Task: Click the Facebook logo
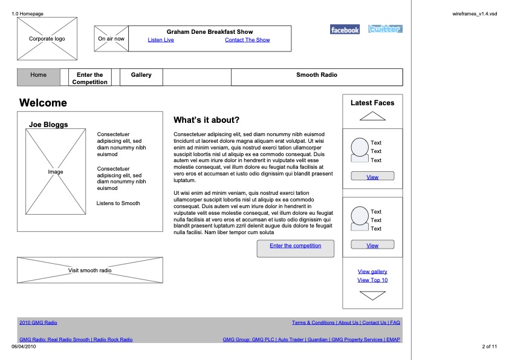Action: pos(345,30)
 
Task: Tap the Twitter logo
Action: pos(385,29)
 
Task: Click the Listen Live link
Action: pos(161,40)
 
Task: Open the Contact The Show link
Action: pos(247,40)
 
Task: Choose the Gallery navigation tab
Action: pos(141,75)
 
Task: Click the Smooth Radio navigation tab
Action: pos(317,75)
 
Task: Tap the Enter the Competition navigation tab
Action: pos(90,78)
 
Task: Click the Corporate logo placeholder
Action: pos(47,39)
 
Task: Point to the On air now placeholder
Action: pos(111,39)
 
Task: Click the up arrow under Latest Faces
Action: pos(372,117)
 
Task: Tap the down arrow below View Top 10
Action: pos(372,296)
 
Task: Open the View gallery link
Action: pos(372,272)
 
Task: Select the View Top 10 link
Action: pos(372,280)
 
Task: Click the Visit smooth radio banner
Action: pos(89,270)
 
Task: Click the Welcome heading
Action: pos(43,103)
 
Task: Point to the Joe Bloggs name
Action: pos(48,125)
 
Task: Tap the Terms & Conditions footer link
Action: pos(313,322)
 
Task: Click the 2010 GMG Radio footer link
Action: pos(38,322)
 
